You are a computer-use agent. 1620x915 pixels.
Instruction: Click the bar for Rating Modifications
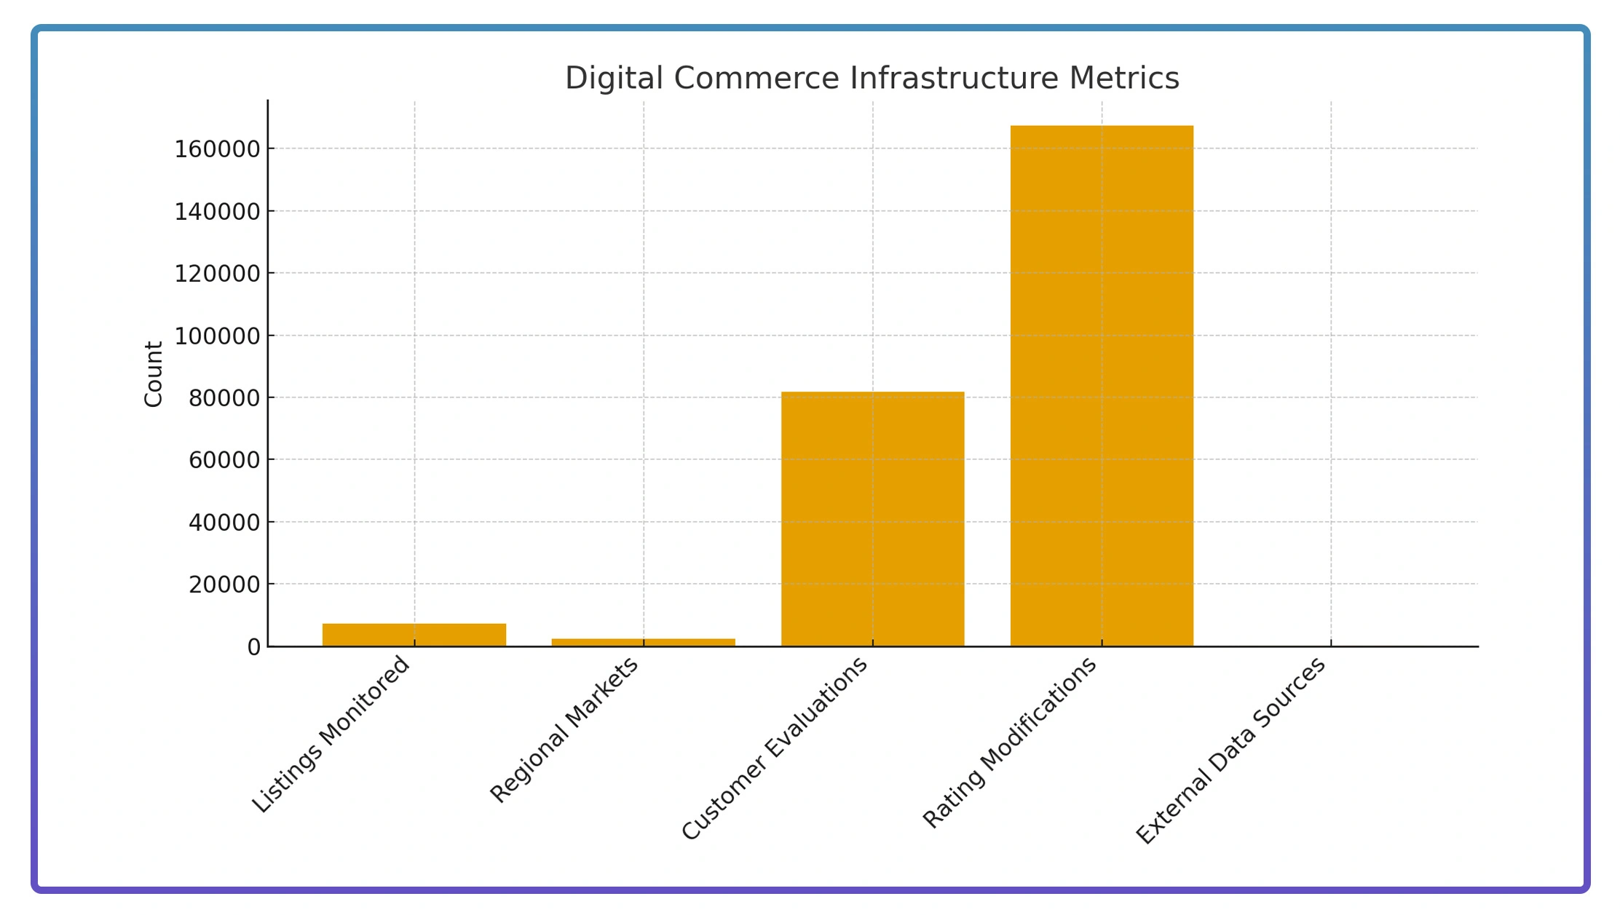click(1102, 386)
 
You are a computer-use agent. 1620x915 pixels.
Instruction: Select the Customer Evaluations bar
click(872, 518)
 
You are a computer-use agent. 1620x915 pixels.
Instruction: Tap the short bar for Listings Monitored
click(414, 635)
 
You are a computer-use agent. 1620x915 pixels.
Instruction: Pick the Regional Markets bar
click(643, 642)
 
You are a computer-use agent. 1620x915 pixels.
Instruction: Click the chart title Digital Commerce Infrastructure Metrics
click(872, 78)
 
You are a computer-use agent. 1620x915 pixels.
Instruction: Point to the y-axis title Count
click(154, 374)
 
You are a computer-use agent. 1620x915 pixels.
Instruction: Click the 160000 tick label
click(217, 149)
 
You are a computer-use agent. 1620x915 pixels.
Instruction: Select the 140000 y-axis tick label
click(217, 212)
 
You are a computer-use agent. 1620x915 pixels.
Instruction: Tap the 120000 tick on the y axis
click(217, 274)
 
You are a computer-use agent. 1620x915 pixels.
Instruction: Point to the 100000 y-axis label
click(217, 336)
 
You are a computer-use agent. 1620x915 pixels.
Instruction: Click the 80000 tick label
click(224, 398)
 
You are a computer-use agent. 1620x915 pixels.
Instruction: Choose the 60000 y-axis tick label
click(224, 460)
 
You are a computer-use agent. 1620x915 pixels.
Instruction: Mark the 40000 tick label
click(224, 523)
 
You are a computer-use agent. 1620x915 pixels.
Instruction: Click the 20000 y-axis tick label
click(224, 585)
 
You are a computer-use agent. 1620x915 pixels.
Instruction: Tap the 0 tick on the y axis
click(253, 647)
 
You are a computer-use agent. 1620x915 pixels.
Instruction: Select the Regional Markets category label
click(564, 729)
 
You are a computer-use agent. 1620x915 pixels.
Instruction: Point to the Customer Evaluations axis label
click(775, 748)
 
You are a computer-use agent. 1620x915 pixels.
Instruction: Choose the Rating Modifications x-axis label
click(1010, 742)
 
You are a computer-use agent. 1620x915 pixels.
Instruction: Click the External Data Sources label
click(1231, 750)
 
